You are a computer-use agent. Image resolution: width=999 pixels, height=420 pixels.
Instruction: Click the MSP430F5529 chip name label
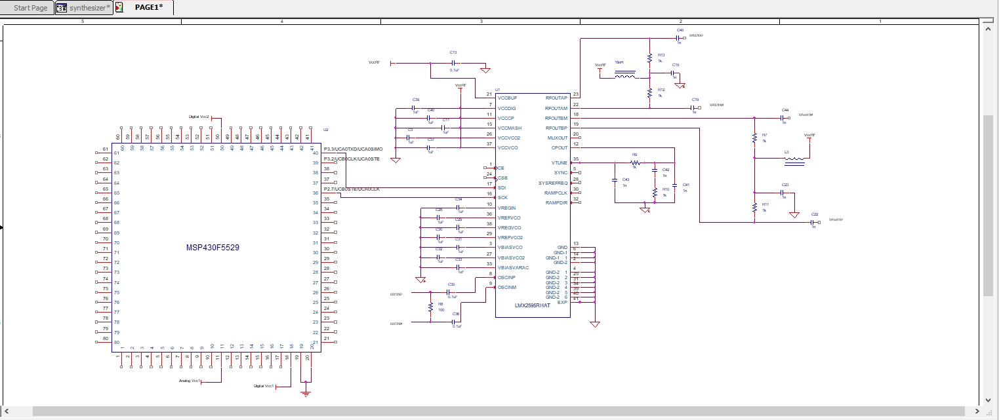(x=214, y=248)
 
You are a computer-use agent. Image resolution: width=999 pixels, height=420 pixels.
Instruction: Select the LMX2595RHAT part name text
(x=531, y=306)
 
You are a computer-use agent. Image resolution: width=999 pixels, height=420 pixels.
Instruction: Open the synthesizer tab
(x=84, y=8)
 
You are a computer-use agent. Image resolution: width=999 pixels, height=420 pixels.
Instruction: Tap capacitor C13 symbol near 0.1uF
(x=453, y=63)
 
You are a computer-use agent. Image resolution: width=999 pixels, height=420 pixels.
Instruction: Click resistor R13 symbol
(x=649, y=58)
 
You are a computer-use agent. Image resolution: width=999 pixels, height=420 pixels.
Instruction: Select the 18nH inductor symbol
(x=624, y=77)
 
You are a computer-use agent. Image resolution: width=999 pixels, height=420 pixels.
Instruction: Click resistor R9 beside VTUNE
(x=634, y=162)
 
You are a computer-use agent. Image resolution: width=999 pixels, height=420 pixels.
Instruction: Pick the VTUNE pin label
(x=558, y=162)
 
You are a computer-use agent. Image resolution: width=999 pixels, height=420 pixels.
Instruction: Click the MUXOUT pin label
(x=556, y=138)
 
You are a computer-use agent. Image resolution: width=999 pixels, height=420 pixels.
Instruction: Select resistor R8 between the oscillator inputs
(x=430, y=307)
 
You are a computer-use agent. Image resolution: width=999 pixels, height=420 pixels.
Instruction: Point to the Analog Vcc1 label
(x=190, y=380)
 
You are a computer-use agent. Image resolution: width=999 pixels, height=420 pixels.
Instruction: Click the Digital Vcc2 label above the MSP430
(x=199, y=117)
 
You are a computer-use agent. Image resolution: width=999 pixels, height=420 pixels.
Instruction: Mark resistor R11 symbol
(x=754, y=208)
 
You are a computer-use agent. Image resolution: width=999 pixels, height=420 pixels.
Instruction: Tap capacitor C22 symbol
(x=813, y=222)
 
